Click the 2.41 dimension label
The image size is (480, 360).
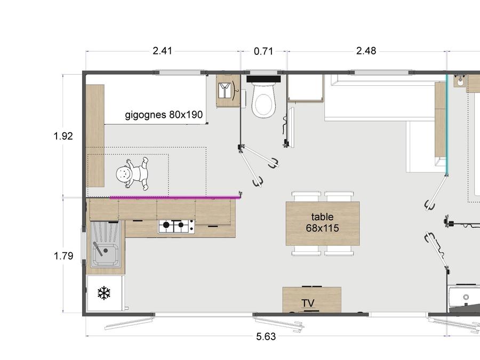(x=162, y=51)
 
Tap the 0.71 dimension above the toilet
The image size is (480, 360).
(x=263, y=51)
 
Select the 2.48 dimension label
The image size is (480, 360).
(x=366, y=51)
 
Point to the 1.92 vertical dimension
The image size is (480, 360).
(x=63, y=135)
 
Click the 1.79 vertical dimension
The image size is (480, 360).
(x=63, y=255)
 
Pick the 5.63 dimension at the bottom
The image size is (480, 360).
(x=266, y=337)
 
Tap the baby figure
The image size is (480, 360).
(x=133, y=173)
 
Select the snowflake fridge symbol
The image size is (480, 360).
(x=104, y=293)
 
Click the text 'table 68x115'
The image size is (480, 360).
(x=322, y=222)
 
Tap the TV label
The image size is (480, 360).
(x=308, y=303)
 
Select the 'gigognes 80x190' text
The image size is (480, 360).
(x=164, y=115)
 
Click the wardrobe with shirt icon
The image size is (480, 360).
(x=228, y=91)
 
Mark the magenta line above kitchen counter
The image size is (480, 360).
(x=175, y=197)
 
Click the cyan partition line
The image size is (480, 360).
(x=446, y=124)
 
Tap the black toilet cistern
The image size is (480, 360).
(x=263, y=79)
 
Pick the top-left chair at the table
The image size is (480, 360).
(x=306, y=196)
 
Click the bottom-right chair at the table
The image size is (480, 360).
(x=339, y=251)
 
